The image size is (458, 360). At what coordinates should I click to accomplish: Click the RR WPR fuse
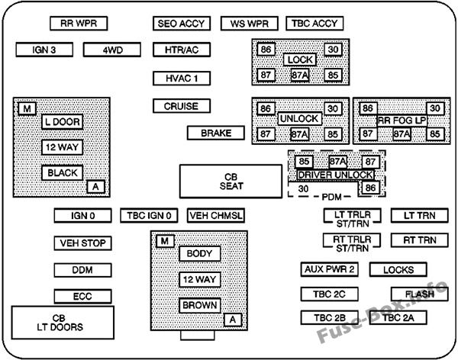point(79,24)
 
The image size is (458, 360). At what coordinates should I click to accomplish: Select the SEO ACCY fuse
point(182,24)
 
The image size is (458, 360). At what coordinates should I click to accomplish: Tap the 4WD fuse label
point(113,50)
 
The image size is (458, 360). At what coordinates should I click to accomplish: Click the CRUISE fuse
point(182,107)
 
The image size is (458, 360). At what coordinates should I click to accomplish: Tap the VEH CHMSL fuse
point(216,216)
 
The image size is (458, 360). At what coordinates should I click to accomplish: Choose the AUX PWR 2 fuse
point(329,270)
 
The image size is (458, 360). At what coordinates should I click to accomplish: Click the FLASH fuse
point(419,294)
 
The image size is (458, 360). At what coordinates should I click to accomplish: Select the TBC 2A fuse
point(404,317)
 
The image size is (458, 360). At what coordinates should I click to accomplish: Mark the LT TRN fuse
point(419,216)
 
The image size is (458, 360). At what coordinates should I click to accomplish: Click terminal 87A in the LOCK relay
point(299,76)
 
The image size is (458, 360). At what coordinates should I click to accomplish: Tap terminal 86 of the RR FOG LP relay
point(368,109)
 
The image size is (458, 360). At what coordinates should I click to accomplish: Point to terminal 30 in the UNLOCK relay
point(332,109)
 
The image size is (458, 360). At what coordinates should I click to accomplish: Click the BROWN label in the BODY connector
point(199,306)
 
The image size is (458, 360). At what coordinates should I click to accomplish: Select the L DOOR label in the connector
point(62,121)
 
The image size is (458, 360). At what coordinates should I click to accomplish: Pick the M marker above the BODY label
point(163,242)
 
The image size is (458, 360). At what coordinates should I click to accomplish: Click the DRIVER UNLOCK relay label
point(336,175)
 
